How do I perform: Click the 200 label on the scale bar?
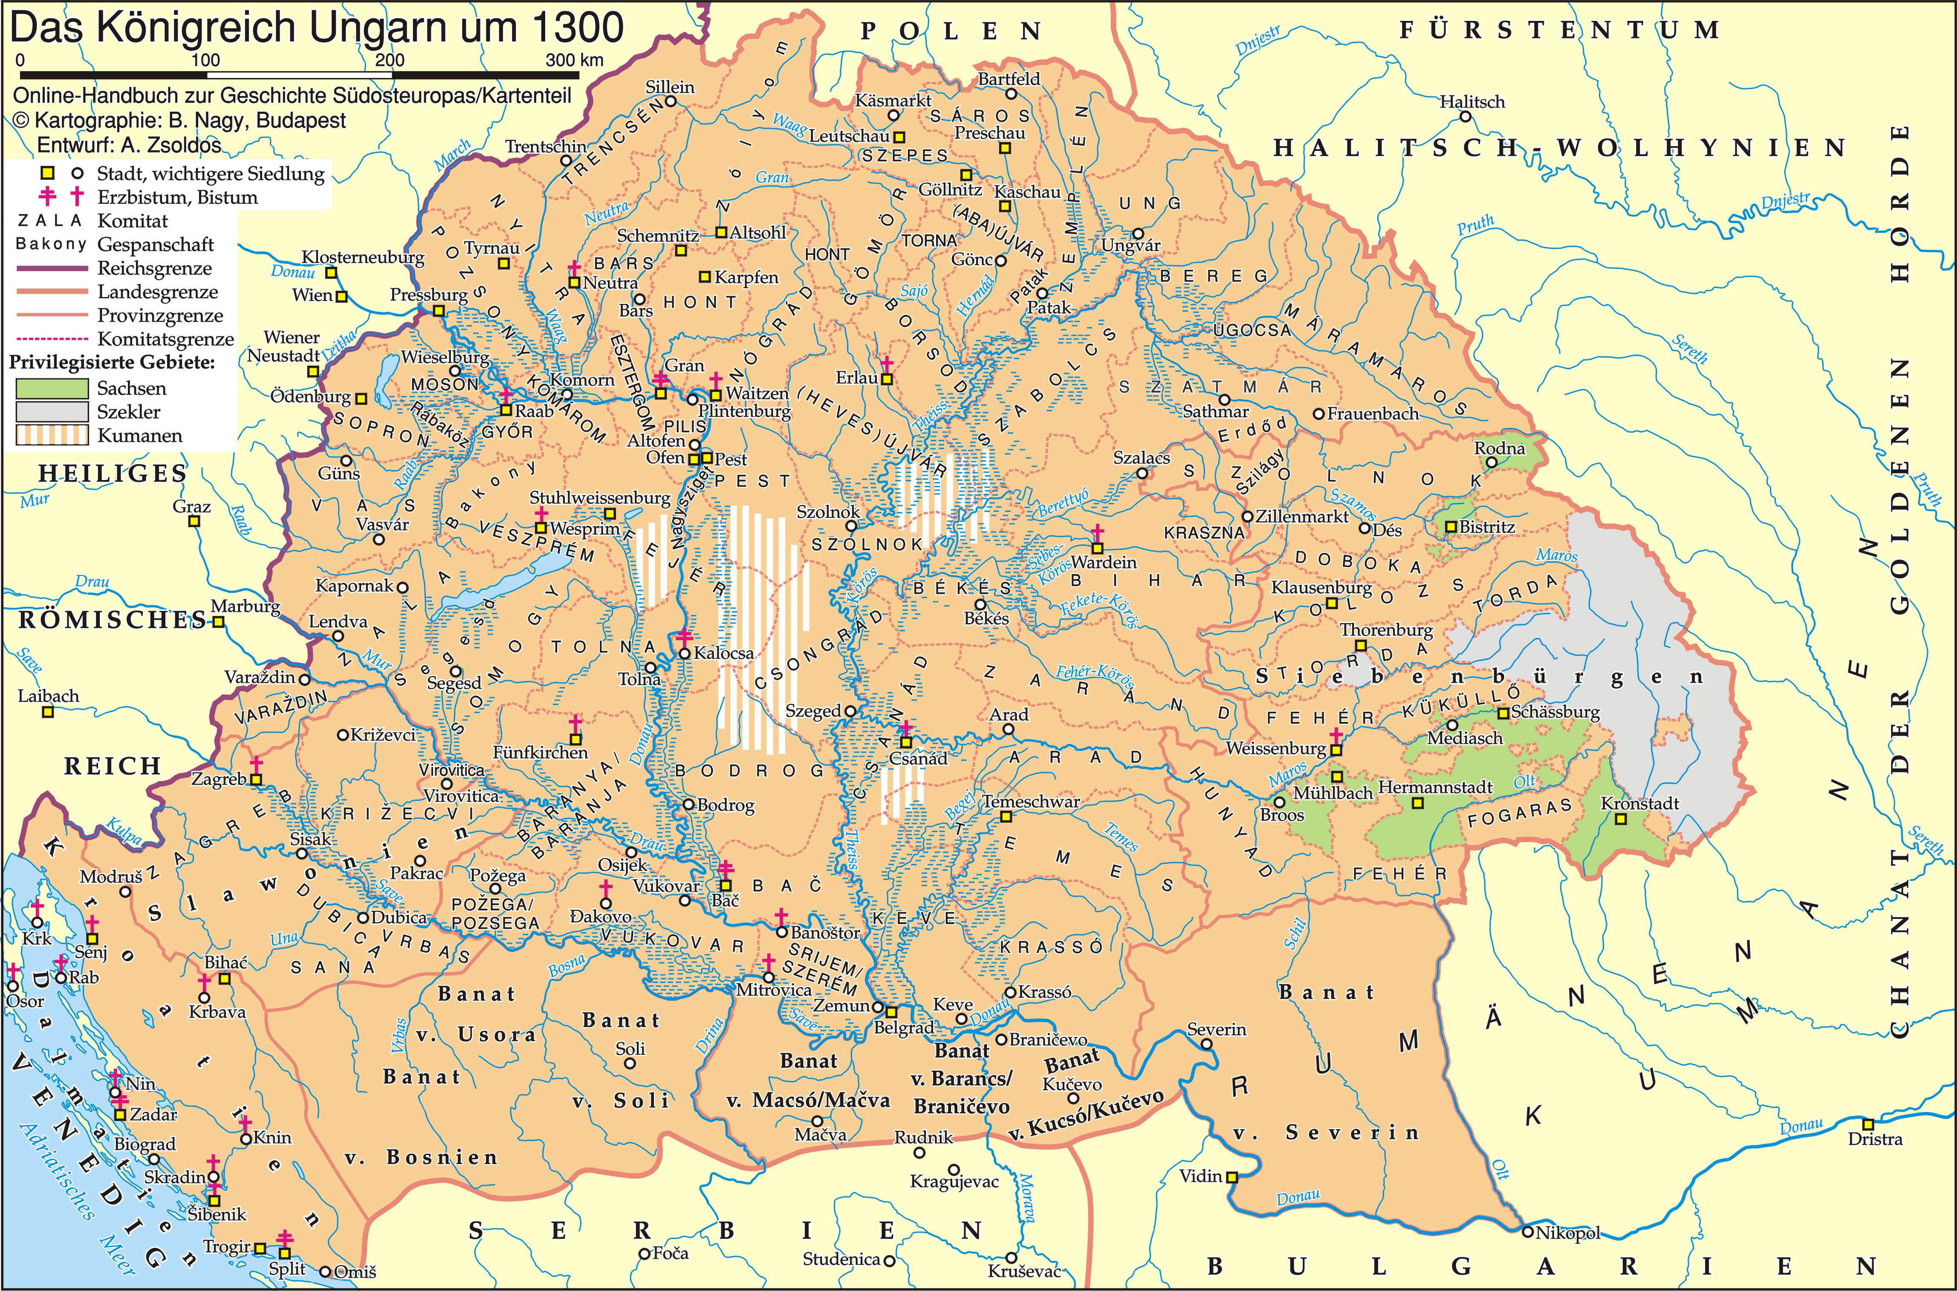390,60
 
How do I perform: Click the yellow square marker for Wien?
342,296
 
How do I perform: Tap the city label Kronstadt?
1639,803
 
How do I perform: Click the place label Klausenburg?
1321,587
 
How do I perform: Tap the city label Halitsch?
1472,102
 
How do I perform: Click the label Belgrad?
903,1028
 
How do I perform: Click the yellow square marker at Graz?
194,521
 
